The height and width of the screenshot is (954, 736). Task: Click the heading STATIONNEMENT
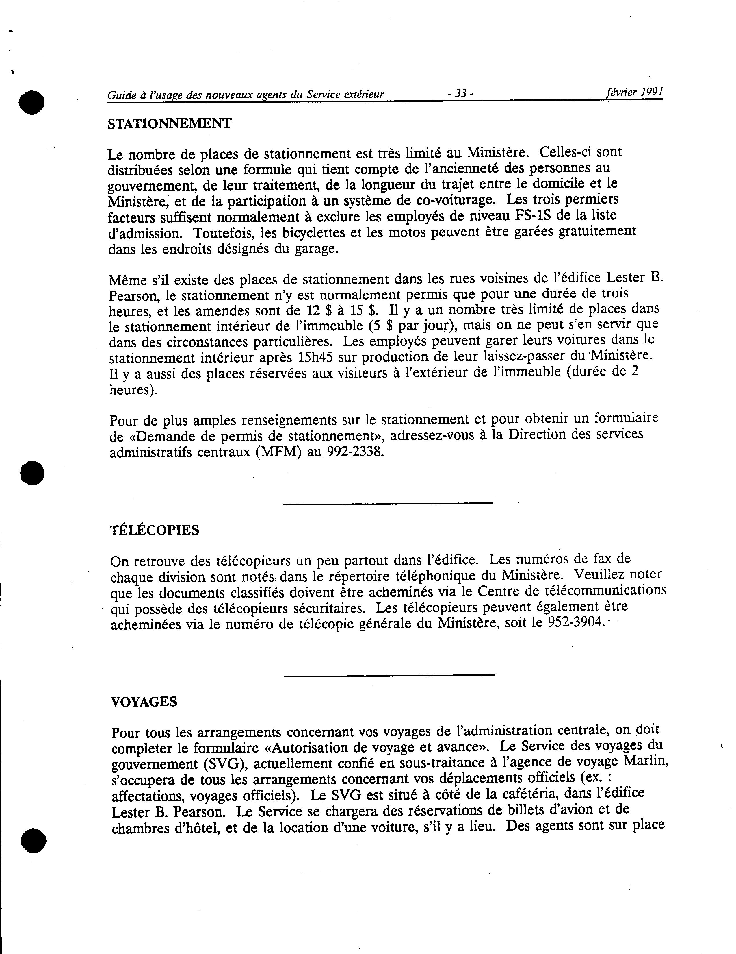(x=169, y=124)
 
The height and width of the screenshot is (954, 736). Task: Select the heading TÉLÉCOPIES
(x=155, y=530)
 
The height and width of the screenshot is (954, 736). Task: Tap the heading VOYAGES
(x=144, y=702)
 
